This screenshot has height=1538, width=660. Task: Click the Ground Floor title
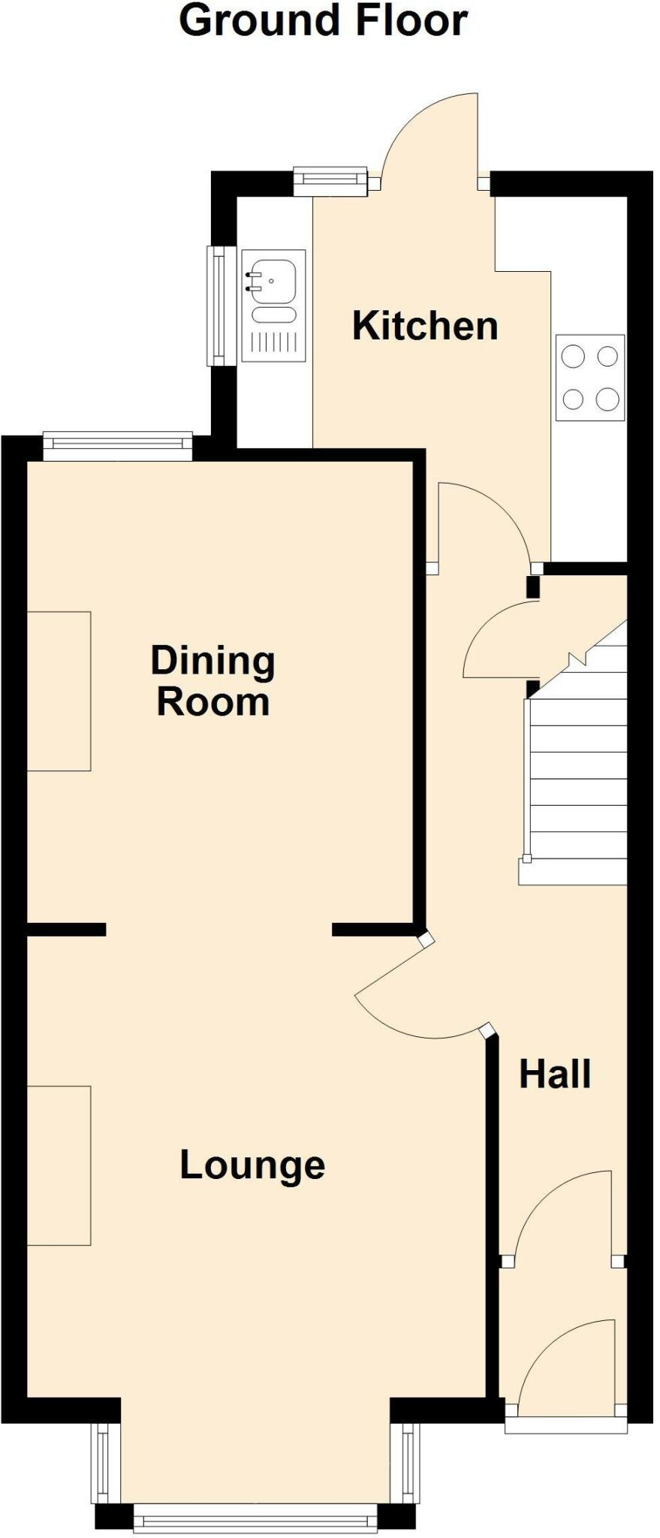(323, 21)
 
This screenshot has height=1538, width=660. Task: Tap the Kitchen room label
(425, 326)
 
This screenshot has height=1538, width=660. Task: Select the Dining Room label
(213, 681)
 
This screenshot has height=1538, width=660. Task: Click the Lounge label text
(252, 1165)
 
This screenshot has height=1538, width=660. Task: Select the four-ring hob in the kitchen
(589, 378)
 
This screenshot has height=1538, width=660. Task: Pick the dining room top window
(118, 446)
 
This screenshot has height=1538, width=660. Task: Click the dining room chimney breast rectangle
(59, 691)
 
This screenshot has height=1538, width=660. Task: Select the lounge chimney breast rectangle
(59, 1165)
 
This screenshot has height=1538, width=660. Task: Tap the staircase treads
(578, 781)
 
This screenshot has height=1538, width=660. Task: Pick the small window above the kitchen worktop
(330, 180)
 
